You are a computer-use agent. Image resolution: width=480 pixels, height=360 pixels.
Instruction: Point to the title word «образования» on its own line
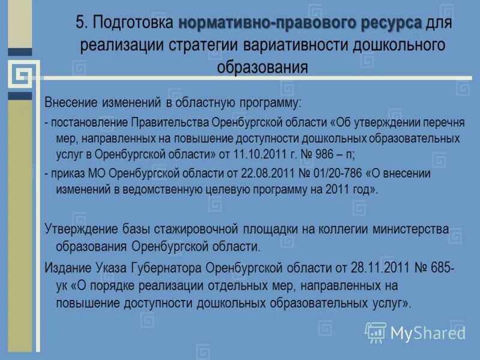[262, 66]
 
